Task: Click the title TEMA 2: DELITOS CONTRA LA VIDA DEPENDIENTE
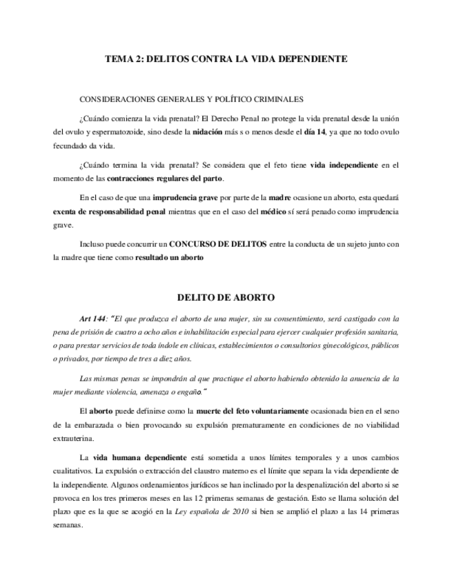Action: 226,59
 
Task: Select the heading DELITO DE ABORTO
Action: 226,298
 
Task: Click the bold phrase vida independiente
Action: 344,166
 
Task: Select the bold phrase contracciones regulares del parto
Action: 165,178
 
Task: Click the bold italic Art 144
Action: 93,319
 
